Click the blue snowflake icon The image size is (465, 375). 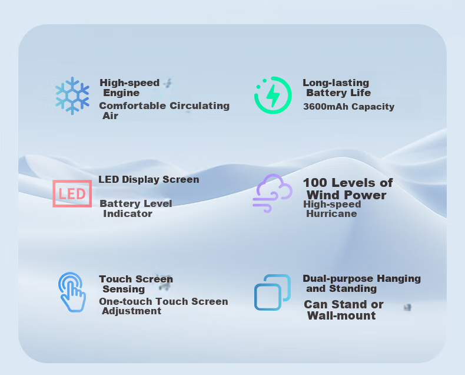tap(72, 96)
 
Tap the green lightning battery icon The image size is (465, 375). tap(273, 95)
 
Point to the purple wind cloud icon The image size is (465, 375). tap(273, 193)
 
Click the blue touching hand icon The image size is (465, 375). tap(72, 292)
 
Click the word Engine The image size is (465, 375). tap(121, 93)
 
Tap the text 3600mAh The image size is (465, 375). tap(325, 106)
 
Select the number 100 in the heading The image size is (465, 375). tap(315, 183)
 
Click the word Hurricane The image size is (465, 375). tap(331, 213)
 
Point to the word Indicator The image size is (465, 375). tap(128, 213)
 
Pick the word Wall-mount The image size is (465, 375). tap(341, 315)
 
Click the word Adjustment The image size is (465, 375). tap(132, 311)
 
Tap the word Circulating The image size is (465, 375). tap(200, 106)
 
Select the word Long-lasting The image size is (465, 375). tap(336, 83)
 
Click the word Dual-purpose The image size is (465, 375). tap(338, 279)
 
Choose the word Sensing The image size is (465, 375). tap(124, 289)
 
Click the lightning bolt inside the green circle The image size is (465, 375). tap(273, 96)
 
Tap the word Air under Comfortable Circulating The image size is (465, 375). tap(110, 116)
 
